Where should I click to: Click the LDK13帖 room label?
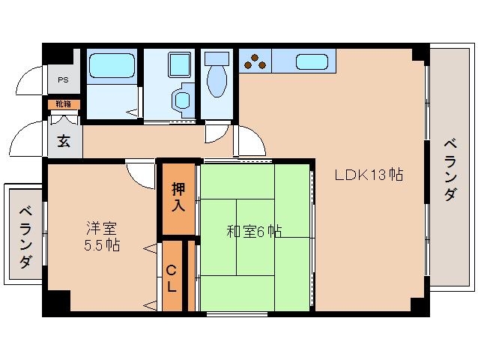coord(369,175)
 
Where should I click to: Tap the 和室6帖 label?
coord(254,231)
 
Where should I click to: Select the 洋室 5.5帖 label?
coord(102,235)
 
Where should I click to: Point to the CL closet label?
coord(172,277)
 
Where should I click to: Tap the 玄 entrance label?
coord(64,140)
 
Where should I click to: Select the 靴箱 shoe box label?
coord(64,104)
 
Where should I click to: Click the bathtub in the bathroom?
coord(112,66)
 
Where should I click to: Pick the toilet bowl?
coord(218,82)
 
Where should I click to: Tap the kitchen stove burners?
coord(255,61)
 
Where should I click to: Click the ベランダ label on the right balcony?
coord(450,169)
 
